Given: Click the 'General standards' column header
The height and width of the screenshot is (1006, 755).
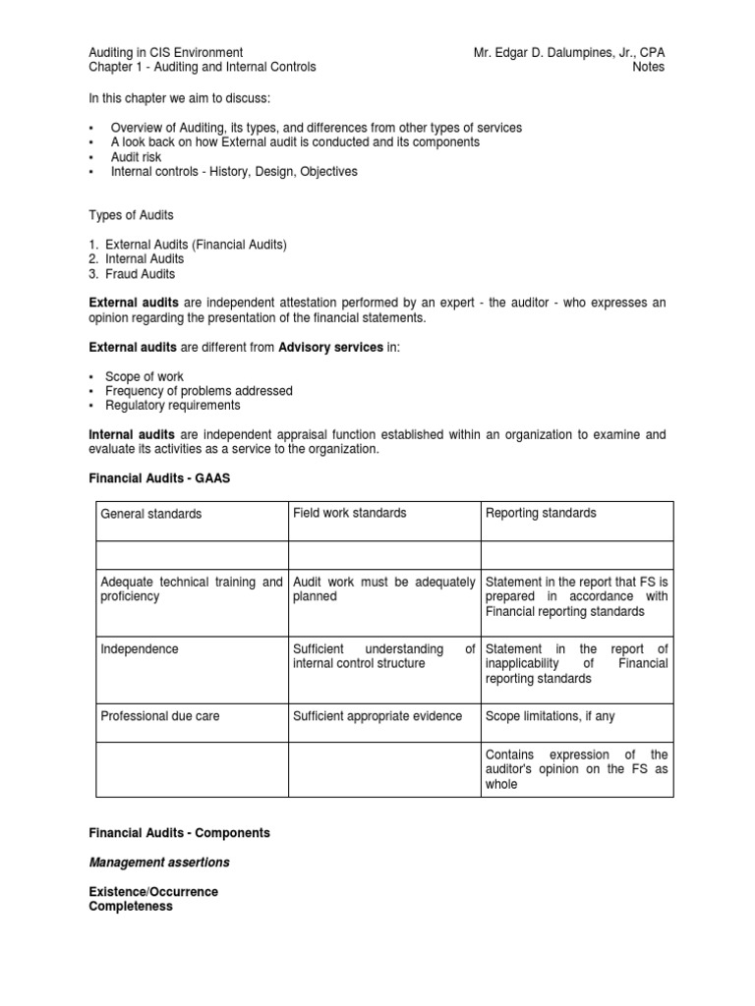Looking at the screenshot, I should pyautogui.click(x=151, y=514).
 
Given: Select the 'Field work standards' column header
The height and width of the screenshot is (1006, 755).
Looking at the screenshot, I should pyautogui.click(x=349, y=513).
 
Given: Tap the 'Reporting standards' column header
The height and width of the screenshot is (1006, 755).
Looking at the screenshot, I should pyautogui.click(x=541, y=513).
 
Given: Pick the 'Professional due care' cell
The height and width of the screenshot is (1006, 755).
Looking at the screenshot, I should pyautogui.click(x=160, y=716).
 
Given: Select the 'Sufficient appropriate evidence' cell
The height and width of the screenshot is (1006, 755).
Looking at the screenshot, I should pyautogui.click(x=377, y=716).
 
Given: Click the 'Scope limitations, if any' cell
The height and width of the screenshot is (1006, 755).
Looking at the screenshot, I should pyautogui.click(x=551, y=716).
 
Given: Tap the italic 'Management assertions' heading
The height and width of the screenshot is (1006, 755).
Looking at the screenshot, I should pyautogui.click(x=159, y=863).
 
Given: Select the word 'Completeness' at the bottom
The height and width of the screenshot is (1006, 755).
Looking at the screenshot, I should pyautogui.click(x=131, y=907).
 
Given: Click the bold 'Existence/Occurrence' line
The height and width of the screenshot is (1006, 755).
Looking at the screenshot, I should pyautogui.click(x=153, y=892).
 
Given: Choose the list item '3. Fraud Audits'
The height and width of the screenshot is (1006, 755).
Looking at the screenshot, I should pyautogui.click(x=136, y=273).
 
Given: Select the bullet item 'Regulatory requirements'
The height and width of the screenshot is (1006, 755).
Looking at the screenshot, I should pyautogui.click(x=175, y=405).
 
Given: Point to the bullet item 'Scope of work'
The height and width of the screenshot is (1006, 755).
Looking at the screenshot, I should pyautogui.click(x=146, y=376).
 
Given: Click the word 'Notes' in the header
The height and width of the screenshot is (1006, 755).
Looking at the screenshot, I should pyautogui.click(x=648, y=67).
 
